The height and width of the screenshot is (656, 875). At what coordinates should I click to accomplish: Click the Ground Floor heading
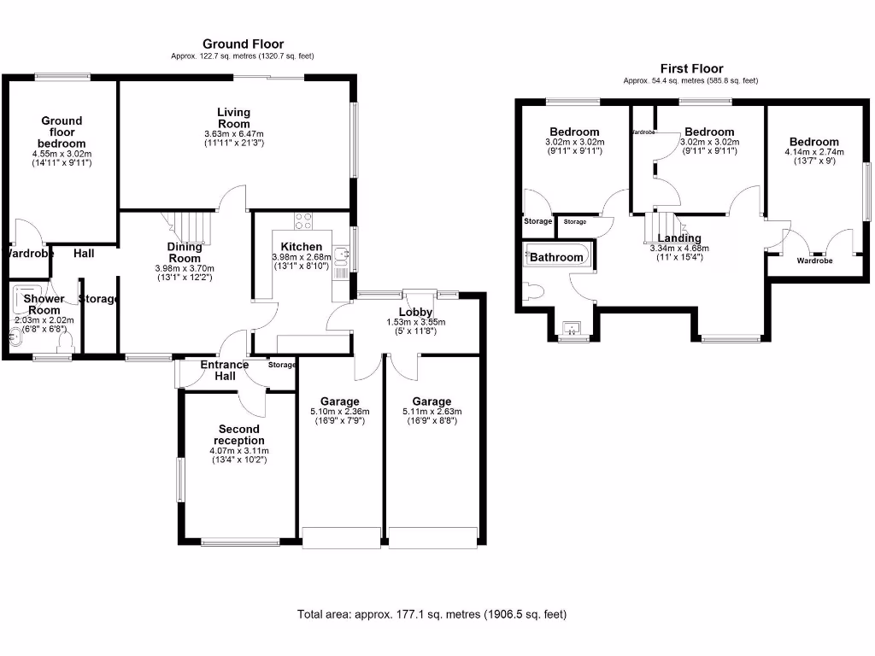243,44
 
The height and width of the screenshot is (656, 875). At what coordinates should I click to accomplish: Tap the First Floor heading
691,68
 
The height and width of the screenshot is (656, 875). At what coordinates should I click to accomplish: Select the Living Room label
233,118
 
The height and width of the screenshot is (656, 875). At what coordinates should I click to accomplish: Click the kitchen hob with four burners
303,220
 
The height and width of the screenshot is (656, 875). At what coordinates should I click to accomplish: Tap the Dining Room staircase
191,228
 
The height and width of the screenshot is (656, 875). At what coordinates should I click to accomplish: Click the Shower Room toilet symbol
64,343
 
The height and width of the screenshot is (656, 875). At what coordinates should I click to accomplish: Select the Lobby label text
415,312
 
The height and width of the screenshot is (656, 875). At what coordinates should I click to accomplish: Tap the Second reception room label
238,435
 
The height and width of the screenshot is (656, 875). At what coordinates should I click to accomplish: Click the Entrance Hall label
225,371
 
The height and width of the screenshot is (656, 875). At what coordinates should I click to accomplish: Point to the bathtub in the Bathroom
556,256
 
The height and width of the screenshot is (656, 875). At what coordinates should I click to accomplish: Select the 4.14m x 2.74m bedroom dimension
814,153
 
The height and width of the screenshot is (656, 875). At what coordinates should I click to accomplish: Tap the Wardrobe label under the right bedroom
814,261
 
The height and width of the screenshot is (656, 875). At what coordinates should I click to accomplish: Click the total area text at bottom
432,614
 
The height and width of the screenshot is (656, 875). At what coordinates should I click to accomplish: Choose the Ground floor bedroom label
61,132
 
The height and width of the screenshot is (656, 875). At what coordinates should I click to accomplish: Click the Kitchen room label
297,247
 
